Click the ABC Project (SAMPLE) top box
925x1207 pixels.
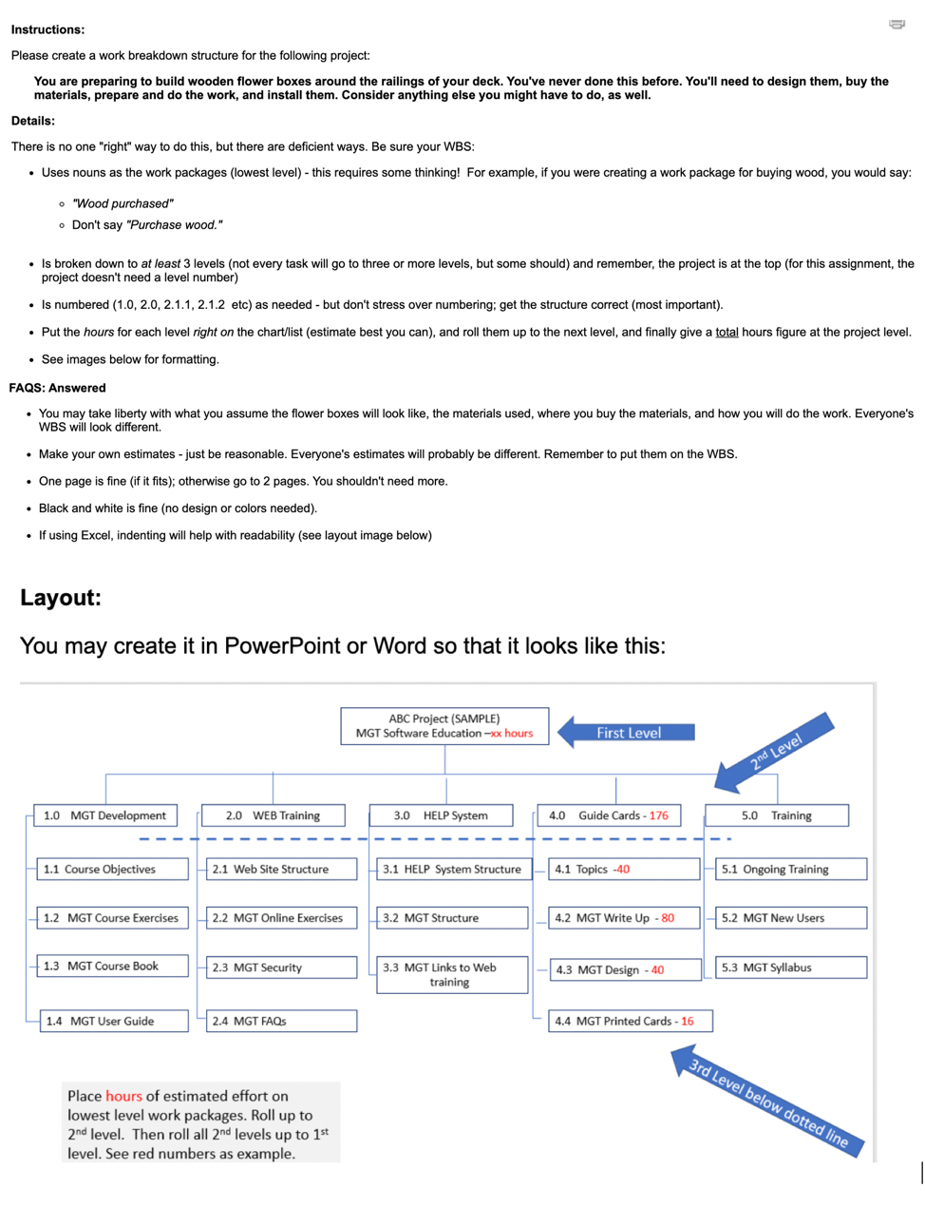tap(444, 726)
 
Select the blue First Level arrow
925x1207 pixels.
tap(626, 733)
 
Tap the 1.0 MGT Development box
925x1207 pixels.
tap(105, 815)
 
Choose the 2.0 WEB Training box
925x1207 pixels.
tap(273, 815)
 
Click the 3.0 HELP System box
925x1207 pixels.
tap(442, 815)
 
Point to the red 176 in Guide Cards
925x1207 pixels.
tap(659, 815)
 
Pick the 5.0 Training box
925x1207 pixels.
tap(777, 815)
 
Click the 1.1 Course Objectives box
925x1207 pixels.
tap(112, 869)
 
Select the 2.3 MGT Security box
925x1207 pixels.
tap(281, 968)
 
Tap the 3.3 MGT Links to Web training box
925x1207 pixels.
tap(451, 975)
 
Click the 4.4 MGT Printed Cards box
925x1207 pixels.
tap(630, 1021)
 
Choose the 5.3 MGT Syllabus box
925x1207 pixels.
tap(790, 968)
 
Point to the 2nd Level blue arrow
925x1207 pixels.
tap(773, 752)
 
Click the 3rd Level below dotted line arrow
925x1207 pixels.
tap(767, 1102)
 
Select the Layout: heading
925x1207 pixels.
tap(61, 598)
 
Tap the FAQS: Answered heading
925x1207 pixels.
tap(58, 388)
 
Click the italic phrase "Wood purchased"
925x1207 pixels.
tap(123, 203)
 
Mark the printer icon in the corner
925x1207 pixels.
tap(897, 24)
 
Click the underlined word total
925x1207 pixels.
tap(727, 332)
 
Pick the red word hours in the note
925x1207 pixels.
tap(123, 1096)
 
